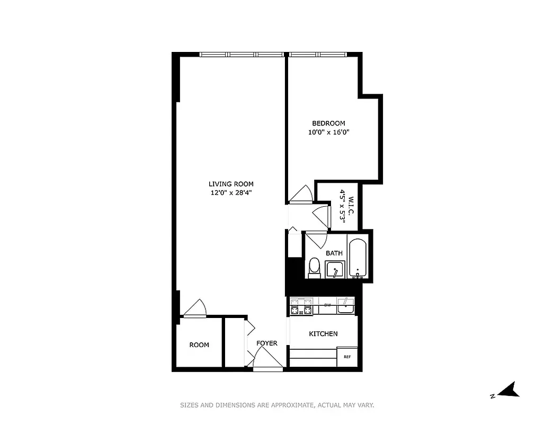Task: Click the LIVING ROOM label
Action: [x=231, y=184]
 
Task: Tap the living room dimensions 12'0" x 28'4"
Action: [x=231, y=193]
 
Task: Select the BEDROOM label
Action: [x=328, y=123]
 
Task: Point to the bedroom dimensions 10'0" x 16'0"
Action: [x=328, y=132]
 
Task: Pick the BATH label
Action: [x=334, y=253]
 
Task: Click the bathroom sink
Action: [x=335, y=270]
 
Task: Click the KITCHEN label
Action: [x=323, y=333]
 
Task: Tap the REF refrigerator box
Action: [x=347, y=357]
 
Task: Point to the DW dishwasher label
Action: [x=327, y=305]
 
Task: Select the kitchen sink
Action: [x=346, y=306]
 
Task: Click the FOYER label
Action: [x=267, y=343]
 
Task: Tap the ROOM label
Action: [x=199, y=345]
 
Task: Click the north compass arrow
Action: [x=510, y=391]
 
